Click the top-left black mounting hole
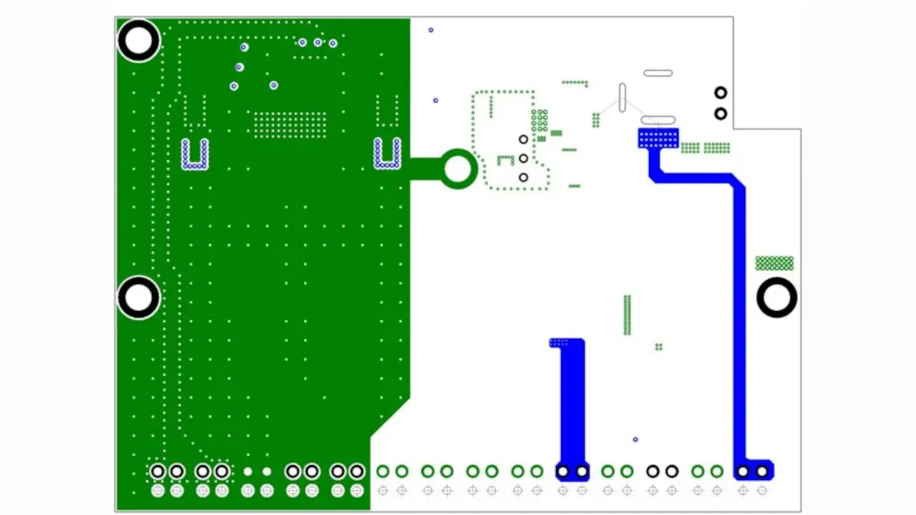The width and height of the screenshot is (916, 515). (x=139, y=41)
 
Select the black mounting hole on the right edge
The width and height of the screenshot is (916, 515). (x=776, y=298)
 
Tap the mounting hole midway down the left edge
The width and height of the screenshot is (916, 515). (x=139, y=298)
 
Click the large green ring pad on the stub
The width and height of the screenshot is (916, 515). (x=458, y=169)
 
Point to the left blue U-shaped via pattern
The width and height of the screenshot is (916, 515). (x=195, y=154)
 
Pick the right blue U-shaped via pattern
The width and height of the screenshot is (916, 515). (x=387, y=154)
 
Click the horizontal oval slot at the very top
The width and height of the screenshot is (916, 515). (x=658, y=73)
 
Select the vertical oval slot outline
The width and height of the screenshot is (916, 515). (x=622, y=97)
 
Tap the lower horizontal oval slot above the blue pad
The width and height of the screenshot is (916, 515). (x=658, y=119)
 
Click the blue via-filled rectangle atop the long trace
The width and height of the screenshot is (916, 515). (x=658, y=138)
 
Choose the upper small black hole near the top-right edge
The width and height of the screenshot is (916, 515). (x=721, y=93)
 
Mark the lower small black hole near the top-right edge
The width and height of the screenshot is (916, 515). (x=721, y=114)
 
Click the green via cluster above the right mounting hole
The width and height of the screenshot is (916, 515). (x=774, y=263)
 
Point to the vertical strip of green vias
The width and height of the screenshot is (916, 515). (x=628, y=315)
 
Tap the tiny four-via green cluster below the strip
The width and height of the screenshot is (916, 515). (x=658, y=347)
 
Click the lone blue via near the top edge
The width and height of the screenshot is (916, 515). (x=431, y=30)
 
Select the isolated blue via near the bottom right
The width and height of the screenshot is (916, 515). (x=635, y=439)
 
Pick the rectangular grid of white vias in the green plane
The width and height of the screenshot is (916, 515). (x=290, y=124)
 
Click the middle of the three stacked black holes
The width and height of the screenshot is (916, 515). (x=523, y=158)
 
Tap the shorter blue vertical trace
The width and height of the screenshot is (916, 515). (x=572, y=401)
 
